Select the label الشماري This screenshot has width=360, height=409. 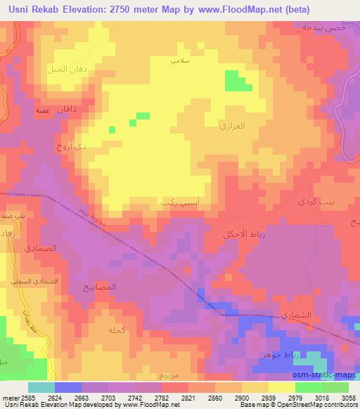coord(295,316)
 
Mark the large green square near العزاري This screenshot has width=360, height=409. coord(238,81)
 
